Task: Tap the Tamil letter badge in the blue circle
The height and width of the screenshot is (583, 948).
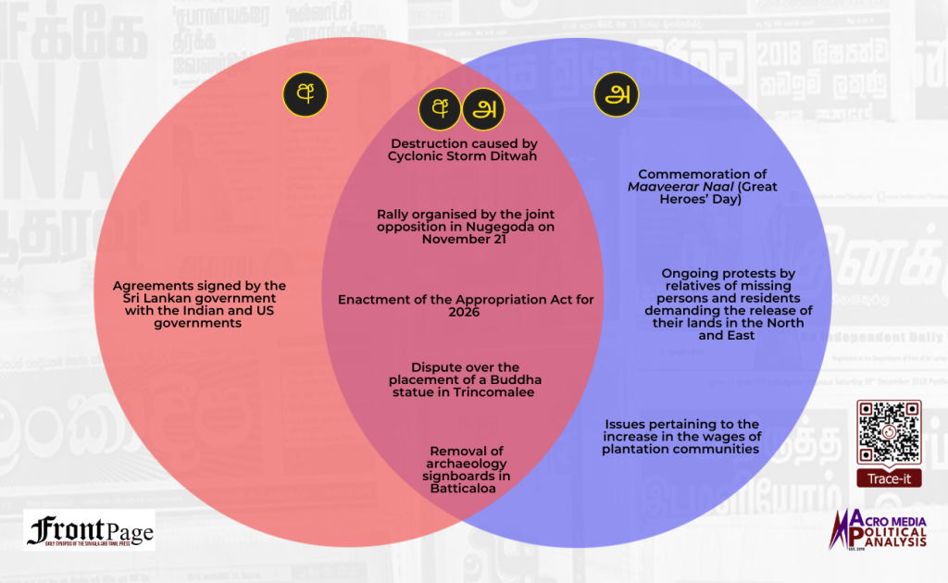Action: coord(616,95)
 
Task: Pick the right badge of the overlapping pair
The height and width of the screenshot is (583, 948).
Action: coord(482,109)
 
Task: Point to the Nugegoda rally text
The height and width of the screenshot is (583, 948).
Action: coord(466,226)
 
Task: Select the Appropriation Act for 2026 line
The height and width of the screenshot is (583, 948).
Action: coord(466,306)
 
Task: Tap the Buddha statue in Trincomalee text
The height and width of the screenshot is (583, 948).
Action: coord(466,379)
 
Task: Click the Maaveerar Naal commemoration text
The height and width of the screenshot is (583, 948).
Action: coord(703,187)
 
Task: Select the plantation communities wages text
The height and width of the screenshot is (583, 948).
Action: coord(680,437)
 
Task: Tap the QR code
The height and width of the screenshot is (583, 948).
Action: coord(888,432)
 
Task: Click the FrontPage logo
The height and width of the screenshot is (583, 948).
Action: coord(90,531)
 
